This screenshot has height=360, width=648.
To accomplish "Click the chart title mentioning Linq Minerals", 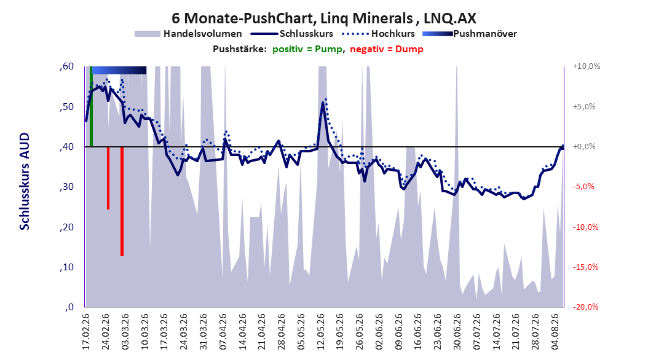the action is [323, 18].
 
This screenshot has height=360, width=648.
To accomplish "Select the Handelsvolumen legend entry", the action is [189, 34].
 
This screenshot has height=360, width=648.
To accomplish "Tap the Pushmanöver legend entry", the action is [470, 34].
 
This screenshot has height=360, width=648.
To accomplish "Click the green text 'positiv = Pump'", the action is [307, 49].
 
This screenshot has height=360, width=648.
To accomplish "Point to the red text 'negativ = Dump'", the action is [387, 49].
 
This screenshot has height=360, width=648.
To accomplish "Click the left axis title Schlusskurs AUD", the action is [25, 181].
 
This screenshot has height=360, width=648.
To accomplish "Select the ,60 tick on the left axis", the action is [66, 66].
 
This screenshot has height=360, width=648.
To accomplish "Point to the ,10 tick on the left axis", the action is [66, 267].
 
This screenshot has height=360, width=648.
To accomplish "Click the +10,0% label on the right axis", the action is [587, 66].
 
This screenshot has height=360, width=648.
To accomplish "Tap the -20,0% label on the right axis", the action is [585, 307].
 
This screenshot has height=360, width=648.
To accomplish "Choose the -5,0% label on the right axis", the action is [583, 187].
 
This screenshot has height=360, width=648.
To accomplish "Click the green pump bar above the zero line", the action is [91, 106].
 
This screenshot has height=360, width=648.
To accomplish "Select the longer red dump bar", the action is [122, 202].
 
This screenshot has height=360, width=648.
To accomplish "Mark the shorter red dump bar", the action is [108, 178].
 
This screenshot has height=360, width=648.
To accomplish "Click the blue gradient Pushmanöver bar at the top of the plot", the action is [119, 70].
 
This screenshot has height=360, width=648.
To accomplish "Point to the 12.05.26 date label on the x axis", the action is [320, 332].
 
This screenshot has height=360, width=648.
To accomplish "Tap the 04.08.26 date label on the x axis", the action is [555, 332].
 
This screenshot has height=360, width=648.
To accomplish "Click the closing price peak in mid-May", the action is [323, 103].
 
